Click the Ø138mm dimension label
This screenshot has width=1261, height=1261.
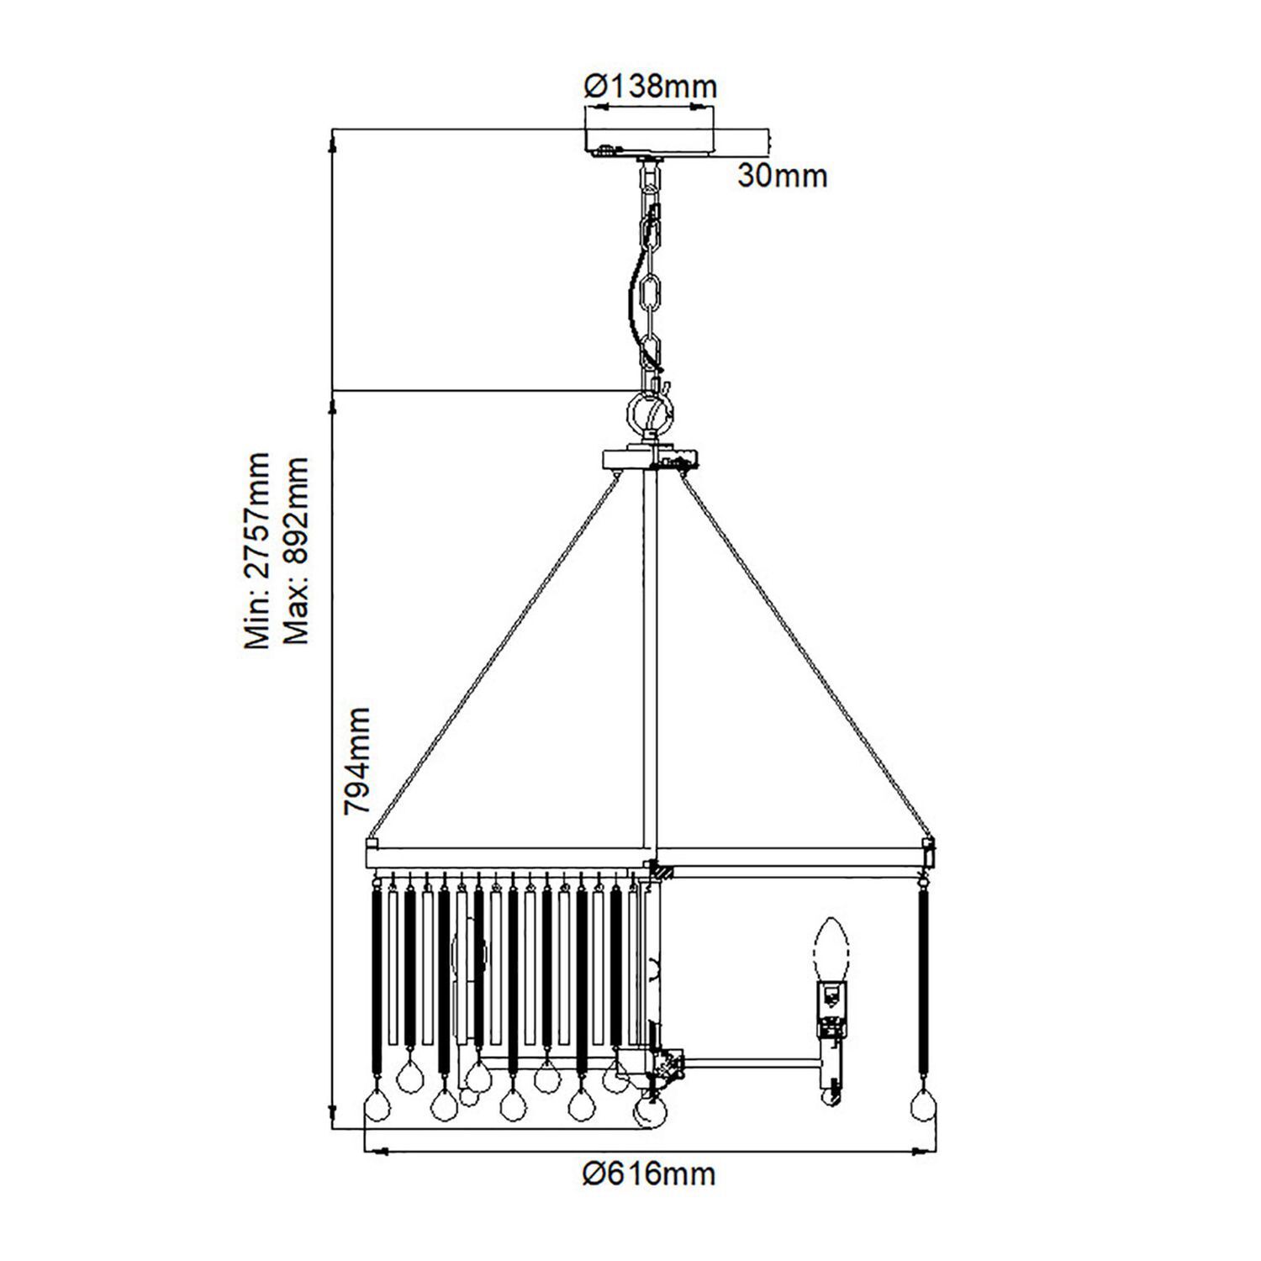(x=650, y=86)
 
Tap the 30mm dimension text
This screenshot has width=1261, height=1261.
(x=782, y=177)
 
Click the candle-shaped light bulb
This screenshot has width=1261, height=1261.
(x=832, y=950)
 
